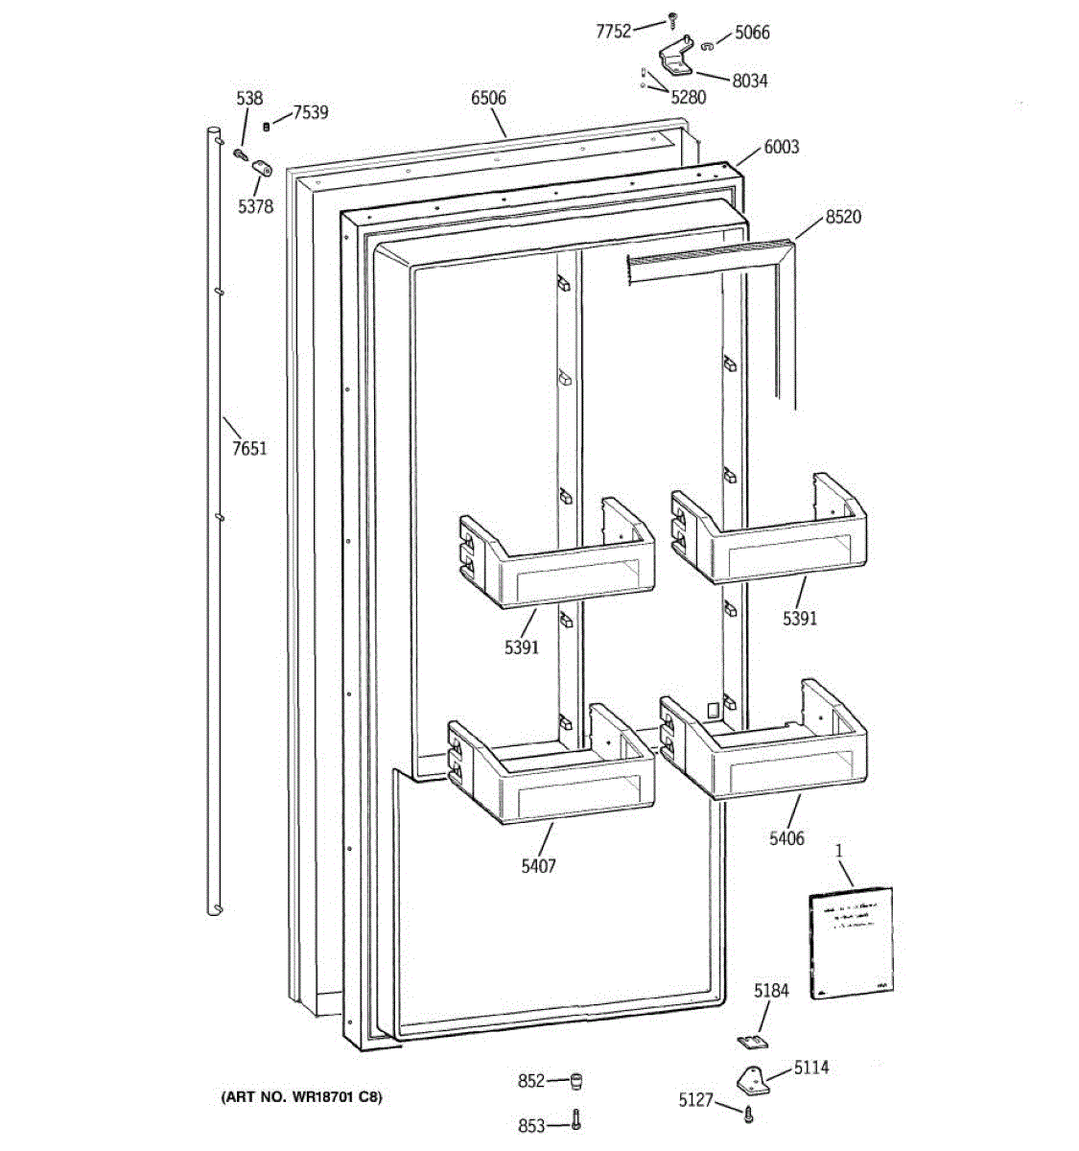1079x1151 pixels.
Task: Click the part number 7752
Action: point(613,32)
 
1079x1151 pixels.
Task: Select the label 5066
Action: point(752,33)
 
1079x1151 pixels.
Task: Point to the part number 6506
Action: point(488,98)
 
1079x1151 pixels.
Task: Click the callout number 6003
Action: point(781,147)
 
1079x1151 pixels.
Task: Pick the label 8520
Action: point(843,217)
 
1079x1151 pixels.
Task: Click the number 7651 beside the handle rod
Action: point(249,448)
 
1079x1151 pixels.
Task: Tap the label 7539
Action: point(310,112)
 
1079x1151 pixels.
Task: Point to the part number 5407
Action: point(537,866)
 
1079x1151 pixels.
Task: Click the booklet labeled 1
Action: point(851,942)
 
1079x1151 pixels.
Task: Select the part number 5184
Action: point(771,991)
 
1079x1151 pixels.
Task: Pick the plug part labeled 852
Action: point(575,1082)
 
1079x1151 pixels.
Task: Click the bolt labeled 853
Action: point(575,1121)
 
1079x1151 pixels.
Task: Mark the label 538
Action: point(249,98)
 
